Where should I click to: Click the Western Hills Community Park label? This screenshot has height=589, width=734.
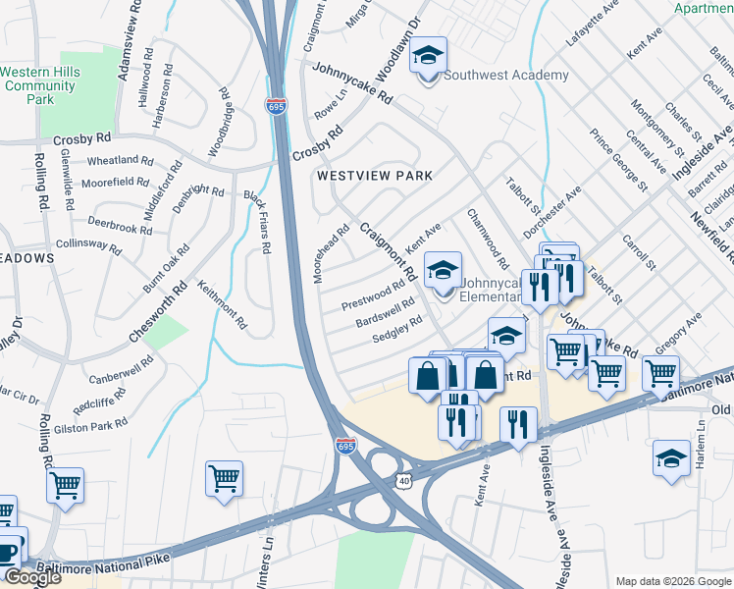point(38,85)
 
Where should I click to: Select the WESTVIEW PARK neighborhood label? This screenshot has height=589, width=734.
point(374,176)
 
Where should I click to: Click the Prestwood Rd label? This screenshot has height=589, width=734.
point(373,295)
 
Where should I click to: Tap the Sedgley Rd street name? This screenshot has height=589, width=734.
point(396,330)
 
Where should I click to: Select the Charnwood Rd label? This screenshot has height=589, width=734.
point(488,239)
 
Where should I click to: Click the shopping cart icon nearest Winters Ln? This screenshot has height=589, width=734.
point(225,480)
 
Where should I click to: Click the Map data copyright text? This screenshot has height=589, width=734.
point(673,580)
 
